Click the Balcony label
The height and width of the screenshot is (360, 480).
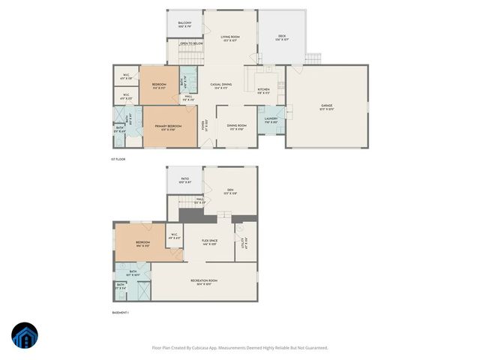pyautogui.click(x=184, y=23)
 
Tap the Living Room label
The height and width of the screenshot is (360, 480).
pyautogui.click(x=229, y=37)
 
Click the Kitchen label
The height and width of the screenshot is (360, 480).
pyautogui.click(x=263, y=89)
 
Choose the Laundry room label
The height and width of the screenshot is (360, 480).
pyautogui.click(x=271, y=118)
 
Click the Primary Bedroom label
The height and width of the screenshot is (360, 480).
pyautogui.click(x=169, y=125)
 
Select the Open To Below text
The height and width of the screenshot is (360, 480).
pyautogui.click(x=191, y=43)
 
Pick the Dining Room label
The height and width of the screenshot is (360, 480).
pyautogui.click(x=237, y=126)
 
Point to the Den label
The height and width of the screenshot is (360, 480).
pyautogui.click(x=230, y=190)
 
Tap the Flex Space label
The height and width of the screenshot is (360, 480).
pyautogui.click(x=209, y=241)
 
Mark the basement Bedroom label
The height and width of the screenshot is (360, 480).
pyautogui.click(x=143, y=242)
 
